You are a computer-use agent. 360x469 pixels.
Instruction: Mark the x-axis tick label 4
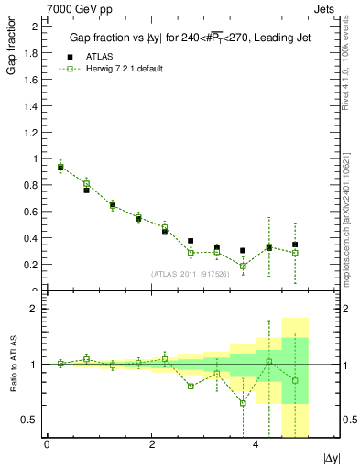pos(256,444)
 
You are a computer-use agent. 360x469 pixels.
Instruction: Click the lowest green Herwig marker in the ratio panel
pos(243,403)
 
